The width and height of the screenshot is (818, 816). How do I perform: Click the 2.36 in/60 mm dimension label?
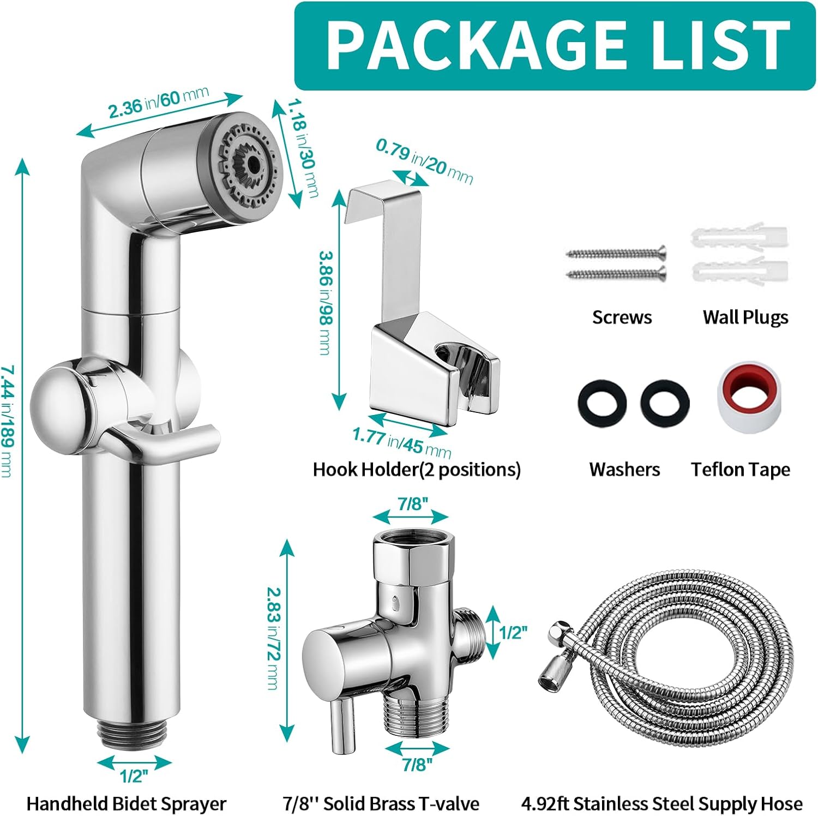pyautogui.click(x=158, y=103)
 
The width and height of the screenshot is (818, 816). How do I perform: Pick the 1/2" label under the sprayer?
pyautogui.click(x=134, y=776)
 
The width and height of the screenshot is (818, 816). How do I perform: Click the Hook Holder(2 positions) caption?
pyautogui.click(x=416, y=470)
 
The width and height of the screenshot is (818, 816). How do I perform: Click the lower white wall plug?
pyautogui.click(x=739, y=271)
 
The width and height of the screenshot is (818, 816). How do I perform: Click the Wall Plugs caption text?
pyautogui.click(x=745, y=317)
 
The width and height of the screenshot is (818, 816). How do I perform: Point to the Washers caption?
pyautogui.click(x=624, y=470)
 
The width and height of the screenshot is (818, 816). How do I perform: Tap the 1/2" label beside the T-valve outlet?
pyautogui.click(x=514, y=632)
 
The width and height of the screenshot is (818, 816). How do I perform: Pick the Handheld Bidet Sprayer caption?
pyautogui.click(x=126, y=803)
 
